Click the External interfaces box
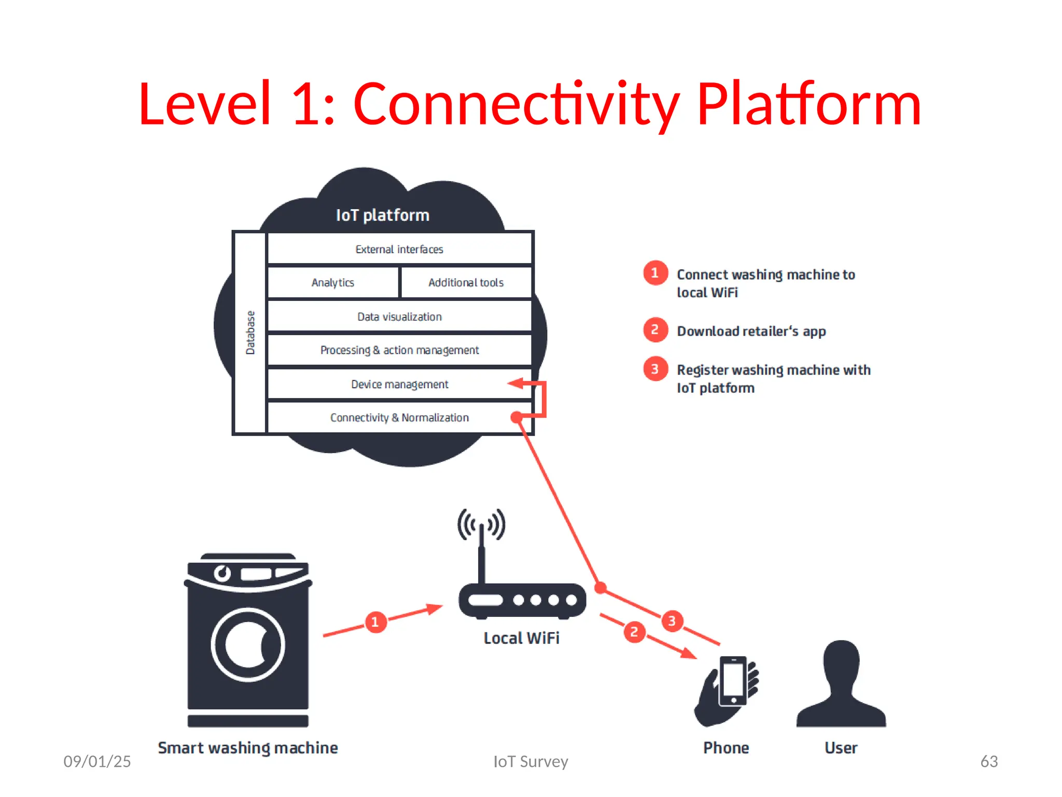399,249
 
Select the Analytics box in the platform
333,283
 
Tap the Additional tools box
466,283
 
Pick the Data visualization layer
399,317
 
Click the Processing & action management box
399,350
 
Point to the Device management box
399,384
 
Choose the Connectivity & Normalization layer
399,418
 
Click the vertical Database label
250,333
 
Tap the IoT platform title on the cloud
383,215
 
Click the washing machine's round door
248,645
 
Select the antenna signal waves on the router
481,524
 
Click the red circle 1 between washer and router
375,622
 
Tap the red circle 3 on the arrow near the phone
672,621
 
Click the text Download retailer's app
751,331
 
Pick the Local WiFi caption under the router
521,638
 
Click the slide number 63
989,761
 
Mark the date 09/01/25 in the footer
97,761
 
